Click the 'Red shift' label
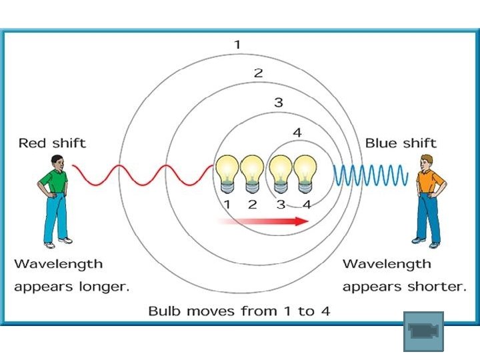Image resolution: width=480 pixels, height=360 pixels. (52, 143)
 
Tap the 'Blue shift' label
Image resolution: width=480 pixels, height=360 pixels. (401, 143)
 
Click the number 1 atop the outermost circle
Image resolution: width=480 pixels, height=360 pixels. (237, 45)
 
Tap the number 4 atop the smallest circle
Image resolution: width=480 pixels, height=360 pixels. (297, 133)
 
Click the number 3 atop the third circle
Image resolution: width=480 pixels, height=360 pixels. (279, 103)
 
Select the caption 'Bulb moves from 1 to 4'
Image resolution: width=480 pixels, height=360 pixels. (239, 311)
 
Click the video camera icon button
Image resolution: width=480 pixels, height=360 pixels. (423, 331)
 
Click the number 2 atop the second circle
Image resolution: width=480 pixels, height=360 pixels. (258, 73)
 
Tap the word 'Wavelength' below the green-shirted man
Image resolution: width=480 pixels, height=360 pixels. (59, 264)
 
